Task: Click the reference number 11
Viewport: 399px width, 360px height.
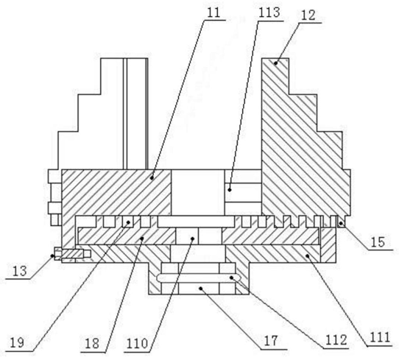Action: click(213, 13)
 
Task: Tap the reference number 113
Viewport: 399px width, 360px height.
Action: click(269, 13)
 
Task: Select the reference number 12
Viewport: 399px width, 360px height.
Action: click(308, 15)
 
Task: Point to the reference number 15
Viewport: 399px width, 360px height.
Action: click(378, 242)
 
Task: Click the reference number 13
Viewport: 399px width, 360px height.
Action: click(20, 271)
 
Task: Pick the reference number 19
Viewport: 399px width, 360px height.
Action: click(17, 343)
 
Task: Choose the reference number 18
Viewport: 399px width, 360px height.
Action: click(92, 344)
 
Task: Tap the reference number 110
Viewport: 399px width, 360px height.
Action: click(137, 344)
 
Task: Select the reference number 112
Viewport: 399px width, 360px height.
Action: click(337, 340)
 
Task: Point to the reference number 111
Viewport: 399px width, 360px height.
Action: click(380, 338)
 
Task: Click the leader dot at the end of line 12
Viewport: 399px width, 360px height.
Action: click(276, 63)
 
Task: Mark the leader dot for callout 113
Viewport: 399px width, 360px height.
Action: click(230, 189)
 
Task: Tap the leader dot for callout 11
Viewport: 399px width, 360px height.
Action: click(152, 178)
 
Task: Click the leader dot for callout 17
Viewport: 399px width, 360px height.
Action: click(201, 289)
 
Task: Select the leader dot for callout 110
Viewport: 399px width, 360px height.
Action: click(193, 239)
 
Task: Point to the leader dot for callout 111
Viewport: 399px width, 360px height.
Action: click(308, 255)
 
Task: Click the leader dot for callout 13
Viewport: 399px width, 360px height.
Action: click(53, 255)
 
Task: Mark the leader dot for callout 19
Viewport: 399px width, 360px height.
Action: click(129, 222)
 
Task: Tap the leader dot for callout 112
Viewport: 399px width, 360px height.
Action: click(231, 278)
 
